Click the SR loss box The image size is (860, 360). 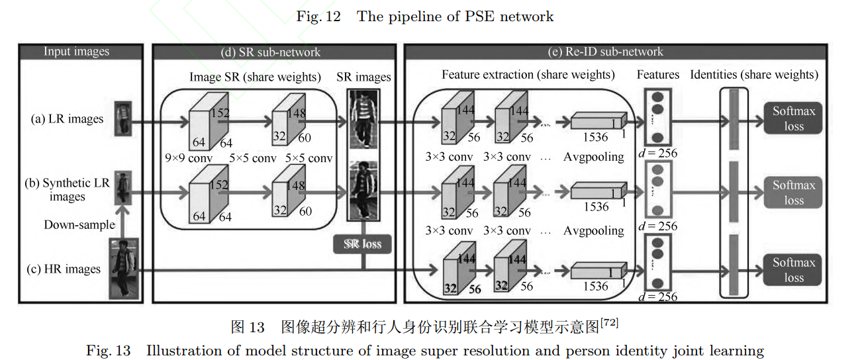pyautogui.click(x=362, y=244)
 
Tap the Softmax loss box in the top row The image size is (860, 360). pyautogui.click(x=793, y=119)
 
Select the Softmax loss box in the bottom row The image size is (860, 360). pyautogui.click(x=793, y=270)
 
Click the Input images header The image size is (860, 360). pyautogui.click(x=77, y=52)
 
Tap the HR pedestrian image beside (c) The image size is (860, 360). pyautogui.click(x=124, y=269)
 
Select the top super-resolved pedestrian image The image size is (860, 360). pyautogui.click(x=362, y=119)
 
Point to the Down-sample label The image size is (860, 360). pyautogui.click(x=79, y=225)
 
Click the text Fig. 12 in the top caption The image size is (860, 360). pyautogui.click(x=318, y=17)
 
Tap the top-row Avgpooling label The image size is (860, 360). pyautogui.click(x=594, y=157)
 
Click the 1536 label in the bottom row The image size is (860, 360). pyautogui.click(x=596, y=287)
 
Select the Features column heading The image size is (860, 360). pyautogui.click(x=658, y=75)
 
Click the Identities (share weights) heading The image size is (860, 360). pyautogui.click(x=754, y=75)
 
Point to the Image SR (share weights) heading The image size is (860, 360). pyautogui.click(x=255, y=77)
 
